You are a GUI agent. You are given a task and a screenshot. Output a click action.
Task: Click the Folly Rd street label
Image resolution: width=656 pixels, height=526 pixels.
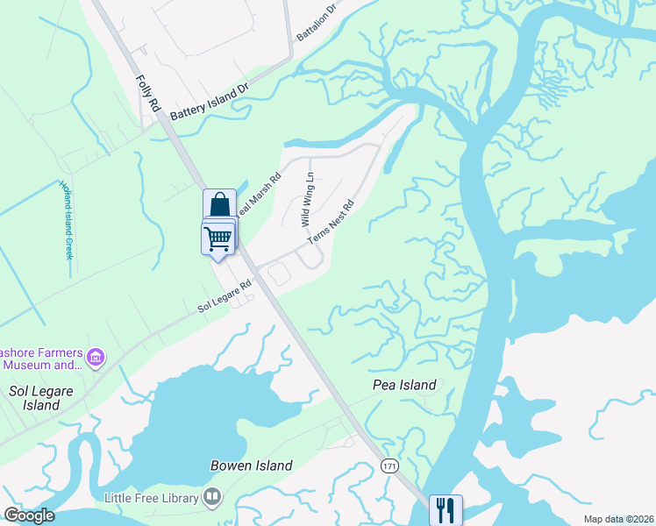point(146,91)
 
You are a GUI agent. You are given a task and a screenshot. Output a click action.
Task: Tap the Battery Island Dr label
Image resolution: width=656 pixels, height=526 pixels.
point(210,102)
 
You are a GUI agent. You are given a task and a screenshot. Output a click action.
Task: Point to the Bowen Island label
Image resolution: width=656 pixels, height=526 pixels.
point(251,466)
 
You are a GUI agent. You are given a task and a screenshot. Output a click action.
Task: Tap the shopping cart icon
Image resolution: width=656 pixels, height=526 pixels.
point(217,237)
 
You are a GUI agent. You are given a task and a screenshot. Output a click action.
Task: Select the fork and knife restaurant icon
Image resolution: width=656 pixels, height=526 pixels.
point(445,508)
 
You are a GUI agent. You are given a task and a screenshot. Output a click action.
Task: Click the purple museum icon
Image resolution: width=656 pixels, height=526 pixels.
point(96,358)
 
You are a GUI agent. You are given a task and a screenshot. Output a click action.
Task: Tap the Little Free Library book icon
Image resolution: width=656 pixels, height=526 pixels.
point(211,498)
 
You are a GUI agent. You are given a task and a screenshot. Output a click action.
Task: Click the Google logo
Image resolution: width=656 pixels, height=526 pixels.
point(29,515)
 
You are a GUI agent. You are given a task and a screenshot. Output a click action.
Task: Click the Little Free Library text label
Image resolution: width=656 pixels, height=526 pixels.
point(151,498)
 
